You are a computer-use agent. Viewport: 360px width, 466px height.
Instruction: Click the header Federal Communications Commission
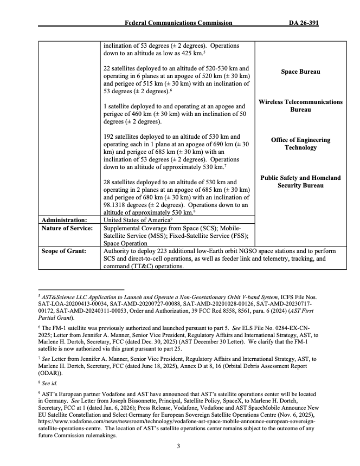point(178,23)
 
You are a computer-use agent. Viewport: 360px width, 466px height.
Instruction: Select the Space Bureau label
point(300,72)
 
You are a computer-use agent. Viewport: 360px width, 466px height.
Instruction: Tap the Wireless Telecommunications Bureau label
point(300,106)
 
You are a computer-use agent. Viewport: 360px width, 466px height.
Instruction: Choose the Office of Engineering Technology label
point(300,144)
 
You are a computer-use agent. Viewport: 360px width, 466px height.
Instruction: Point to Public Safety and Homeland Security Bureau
point(300,182)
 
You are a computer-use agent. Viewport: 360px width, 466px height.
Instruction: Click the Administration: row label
point(64,220)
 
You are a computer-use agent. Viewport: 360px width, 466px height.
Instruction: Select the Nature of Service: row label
point(66,228)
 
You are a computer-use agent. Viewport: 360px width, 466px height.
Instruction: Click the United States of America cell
point(136,220)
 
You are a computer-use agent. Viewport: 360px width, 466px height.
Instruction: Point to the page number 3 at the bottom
point(179,446)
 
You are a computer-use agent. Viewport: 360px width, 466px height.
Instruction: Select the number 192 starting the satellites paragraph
point(109,137)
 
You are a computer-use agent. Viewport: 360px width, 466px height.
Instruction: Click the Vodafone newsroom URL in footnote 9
point(176,420)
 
